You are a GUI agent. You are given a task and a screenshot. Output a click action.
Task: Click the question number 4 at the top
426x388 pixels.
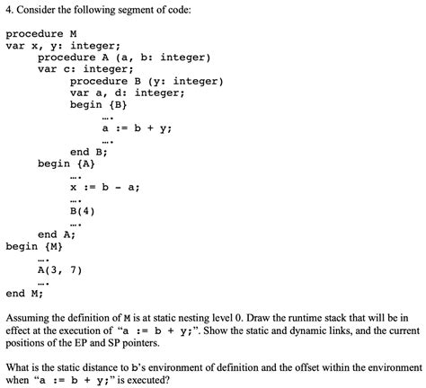point(8,11)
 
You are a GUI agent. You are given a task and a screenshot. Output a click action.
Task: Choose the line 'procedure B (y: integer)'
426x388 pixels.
point(146,81)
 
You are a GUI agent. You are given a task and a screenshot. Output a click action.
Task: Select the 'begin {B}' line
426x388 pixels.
point(93,104)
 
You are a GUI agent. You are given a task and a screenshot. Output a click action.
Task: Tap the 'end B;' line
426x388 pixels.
point(89,152)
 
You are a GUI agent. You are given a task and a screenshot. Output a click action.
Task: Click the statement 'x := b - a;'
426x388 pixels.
point(104,188)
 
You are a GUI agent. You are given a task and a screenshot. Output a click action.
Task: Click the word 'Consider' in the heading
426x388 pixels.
point(45,11)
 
